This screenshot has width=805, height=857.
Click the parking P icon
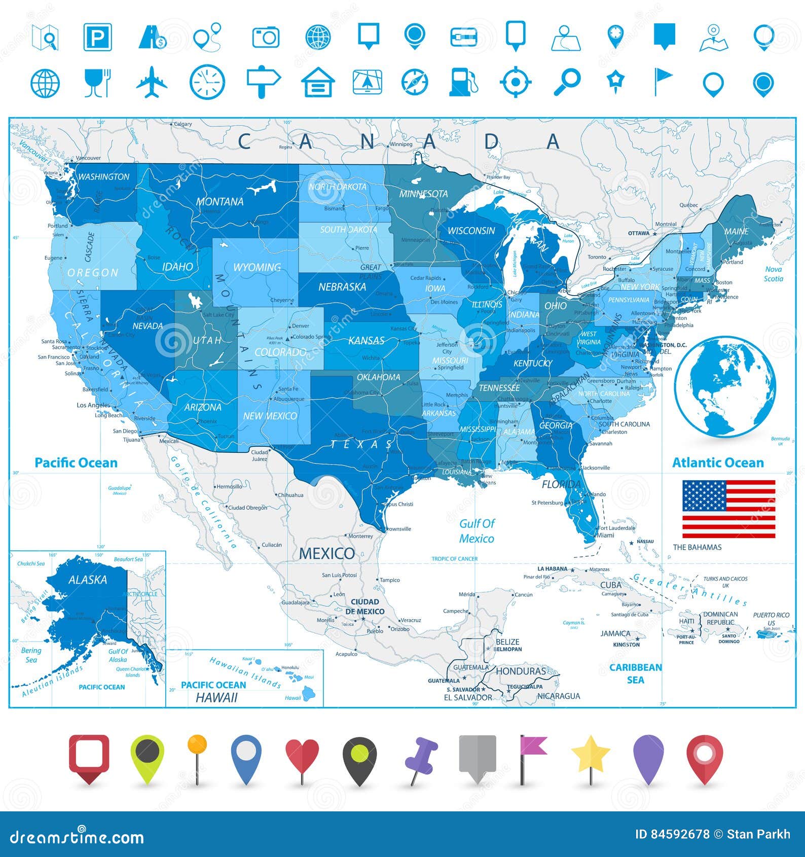tap(97, 37)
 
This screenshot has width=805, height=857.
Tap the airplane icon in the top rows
tap(152, 82)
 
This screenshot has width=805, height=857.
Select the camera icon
tap(266, 37)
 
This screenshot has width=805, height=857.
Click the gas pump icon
tap(463, 82)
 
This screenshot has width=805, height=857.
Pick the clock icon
tap(207, 82)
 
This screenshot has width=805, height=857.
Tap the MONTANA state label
tap(219, 201)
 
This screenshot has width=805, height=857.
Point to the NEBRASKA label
tap(342, 287)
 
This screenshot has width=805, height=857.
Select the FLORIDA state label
tap(561, 484)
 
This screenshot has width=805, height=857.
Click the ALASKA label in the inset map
tap(88, 580)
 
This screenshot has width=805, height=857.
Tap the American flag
tap(728, 509)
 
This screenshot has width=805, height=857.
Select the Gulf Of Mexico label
tap(477, 531)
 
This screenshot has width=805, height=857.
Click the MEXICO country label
tap(326, 553)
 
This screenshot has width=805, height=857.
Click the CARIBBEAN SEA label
tap(635, 673)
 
